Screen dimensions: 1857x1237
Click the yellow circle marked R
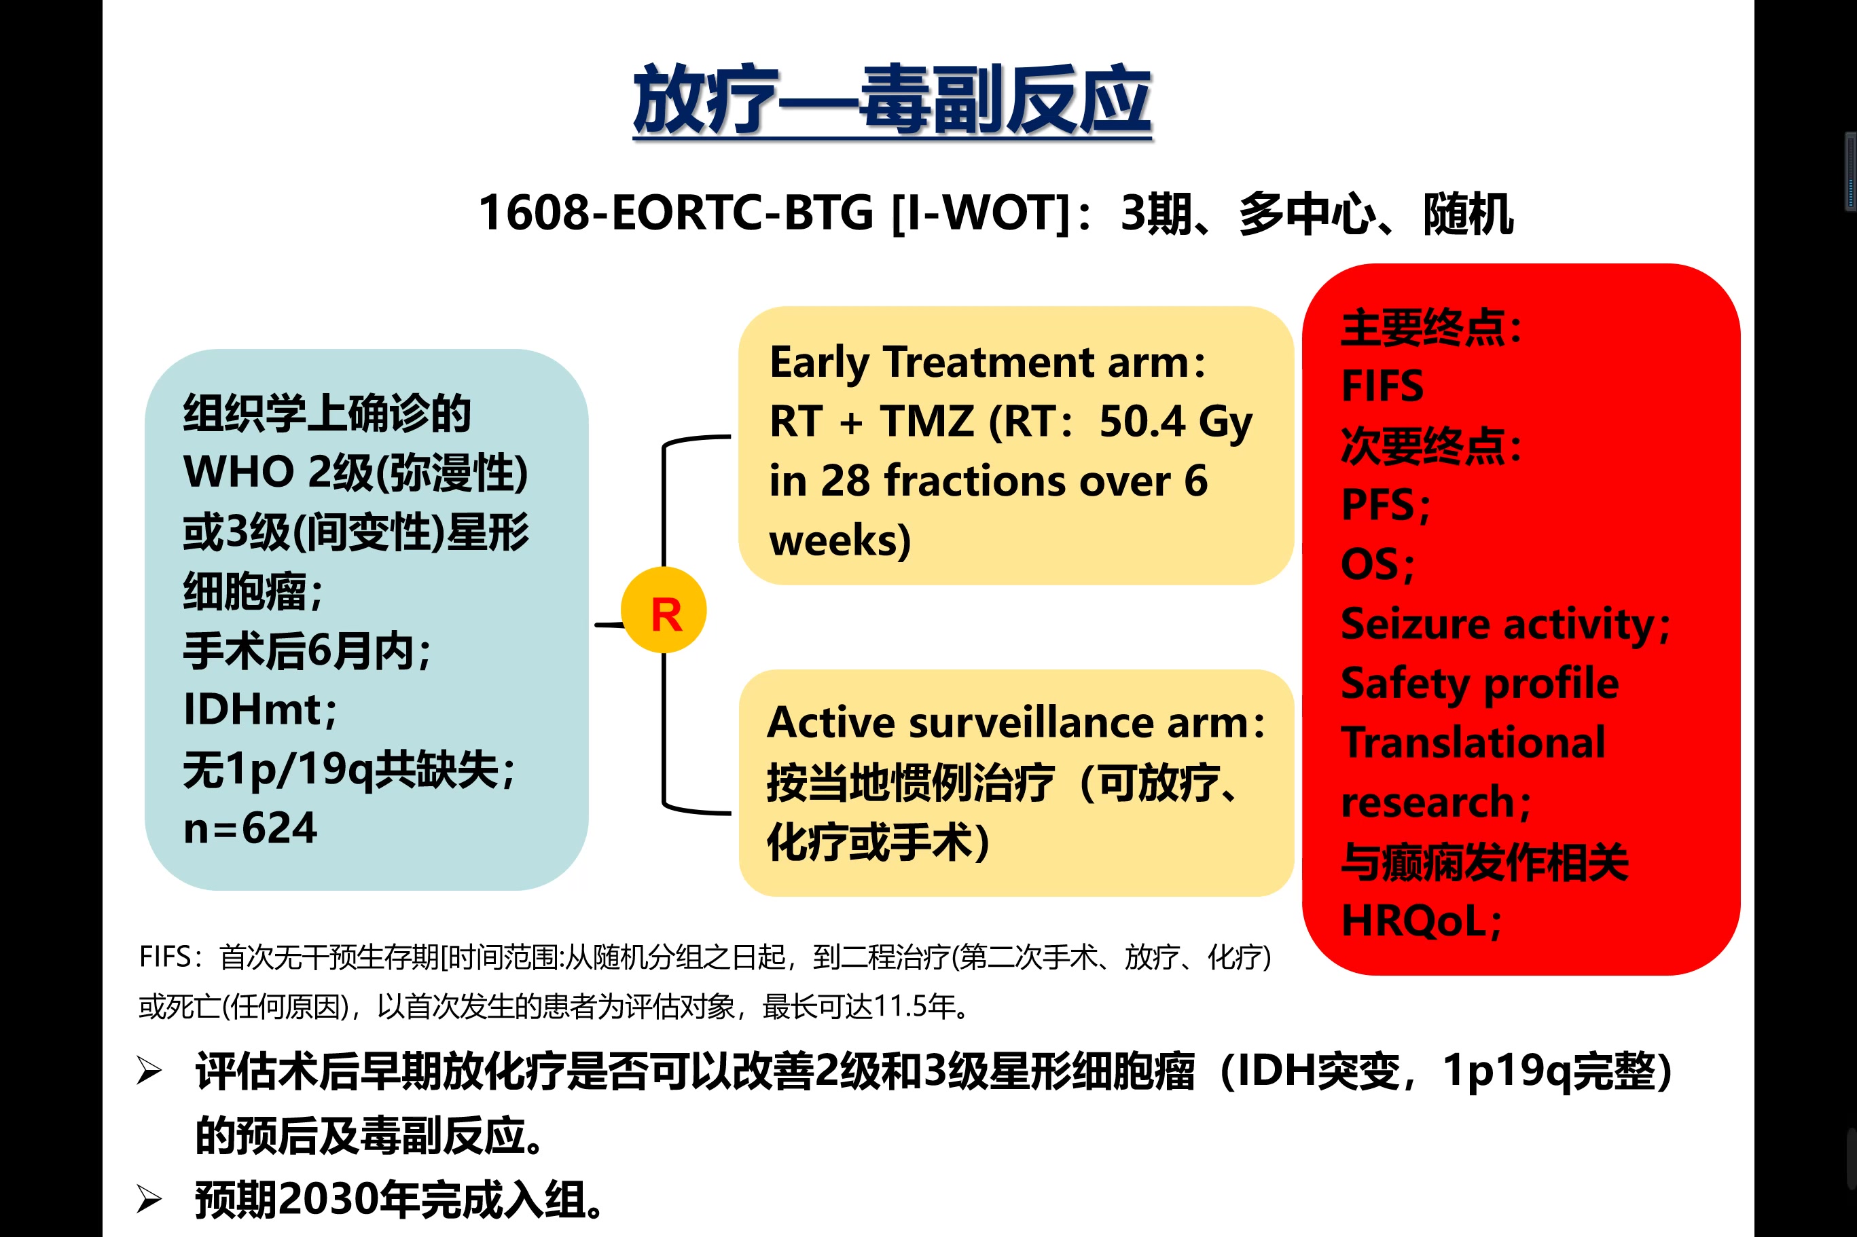click(x=664, y=610)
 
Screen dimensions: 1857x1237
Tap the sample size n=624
click(x=249, y=828)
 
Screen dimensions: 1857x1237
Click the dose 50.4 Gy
click(x=1175, y=422)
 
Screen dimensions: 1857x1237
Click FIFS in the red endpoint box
click(x=1382, y=386)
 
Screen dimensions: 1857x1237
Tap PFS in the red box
click(x=1379, y=504)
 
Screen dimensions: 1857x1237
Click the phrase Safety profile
click(x=1480, y=683)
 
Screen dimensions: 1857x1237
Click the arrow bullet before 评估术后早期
click(x=149, y=1071)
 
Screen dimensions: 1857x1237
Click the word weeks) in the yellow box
click(x=840, y=540)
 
